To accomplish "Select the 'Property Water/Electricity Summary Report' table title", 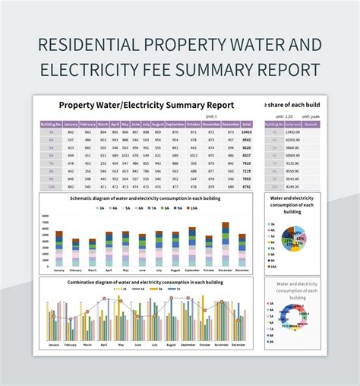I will pos(147,105).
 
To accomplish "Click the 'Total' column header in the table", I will pos(247,123).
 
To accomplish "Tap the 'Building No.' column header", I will pos(51,123).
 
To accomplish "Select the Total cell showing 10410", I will pos(247,131).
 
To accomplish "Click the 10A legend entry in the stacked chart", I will pos(193,207).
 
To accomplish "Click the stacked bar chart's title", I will pos(147,198).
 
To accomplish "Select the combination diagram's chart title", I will pos(147,283).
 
